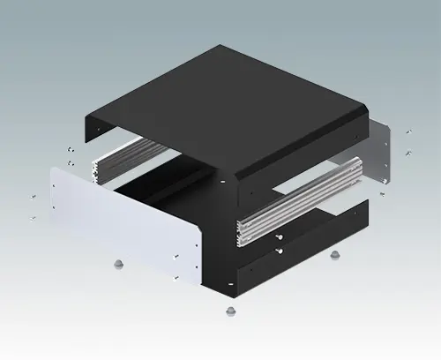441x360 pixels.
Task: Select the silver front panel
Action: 123,221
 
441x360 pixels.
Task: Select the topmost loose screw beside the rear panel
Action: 407,131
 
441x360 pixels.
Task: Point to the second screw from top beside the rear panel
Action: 408,153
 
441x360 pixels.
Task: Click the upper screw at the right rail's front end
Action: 279,236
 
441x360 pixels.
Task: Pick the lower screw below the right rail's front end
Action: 279,251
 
